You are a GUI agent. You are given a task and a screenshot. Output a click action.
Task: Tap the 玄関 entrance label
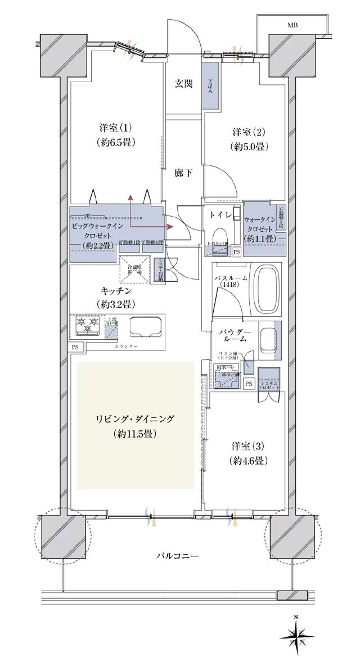click(183, 84)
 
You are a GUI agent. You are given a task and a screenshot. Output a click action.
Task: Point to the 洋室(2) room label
click(248, 133)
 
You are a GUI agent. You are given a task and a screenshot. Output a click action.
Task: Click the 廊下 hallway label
click(183, 173)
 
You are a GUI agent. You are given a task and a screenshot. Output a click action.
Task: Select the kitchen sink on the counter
click(146, 327)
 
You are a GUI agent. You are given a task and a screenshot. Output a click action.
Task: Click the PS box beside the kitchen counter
click(75, 347)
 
